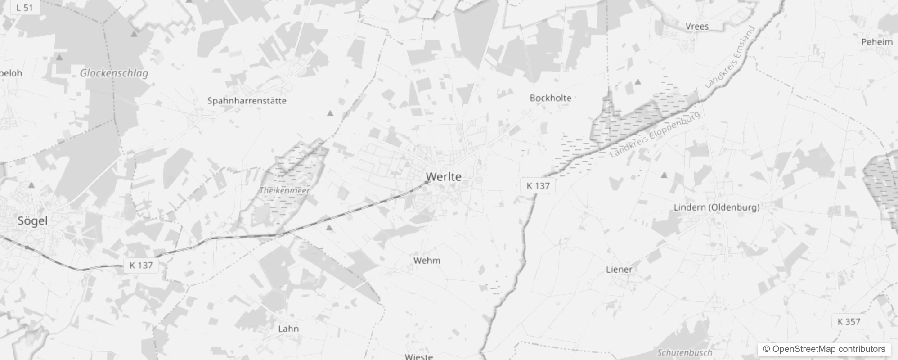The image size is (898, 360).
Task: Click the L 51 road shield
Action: coord(24,7)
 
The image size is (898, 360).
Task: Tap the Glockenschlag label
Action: coord(114,73)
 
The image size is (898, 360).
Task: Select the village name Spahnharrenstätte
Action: coord(247,101)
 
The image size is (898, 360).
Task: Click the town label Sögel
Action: coord(32,221)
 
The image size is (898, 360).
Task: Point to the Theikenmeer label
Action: coord(284,191)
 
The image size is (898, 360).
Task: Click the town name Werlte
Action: coord(444,177)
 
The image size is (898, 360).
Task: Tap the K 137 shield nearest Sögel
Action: coord(141,265)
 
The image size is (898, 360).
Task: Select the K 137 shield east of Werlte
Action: coord(538,186)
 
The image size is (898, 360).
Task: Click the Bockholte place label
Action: coord(550,98)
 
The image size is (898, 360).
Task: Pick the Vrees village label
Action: coord(697,27)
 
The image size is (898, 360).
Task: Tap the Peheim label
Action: coord(877,42)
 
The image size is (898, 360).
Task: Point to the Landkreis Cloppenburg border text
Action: coord(655,134)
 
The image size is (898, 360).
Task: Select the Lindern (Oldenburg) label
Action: coord(717,207)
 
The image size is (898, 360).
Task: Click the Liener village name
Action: coord(619,270)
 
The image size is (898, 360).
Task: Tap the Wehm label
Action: coord(427,261)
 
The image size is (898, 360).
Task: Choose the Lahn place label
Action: coord(288,328)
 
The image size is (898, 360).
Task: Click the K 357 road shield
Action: coord(849,322)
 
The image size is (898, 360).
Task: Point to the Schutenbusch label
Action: coord(685,353)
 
